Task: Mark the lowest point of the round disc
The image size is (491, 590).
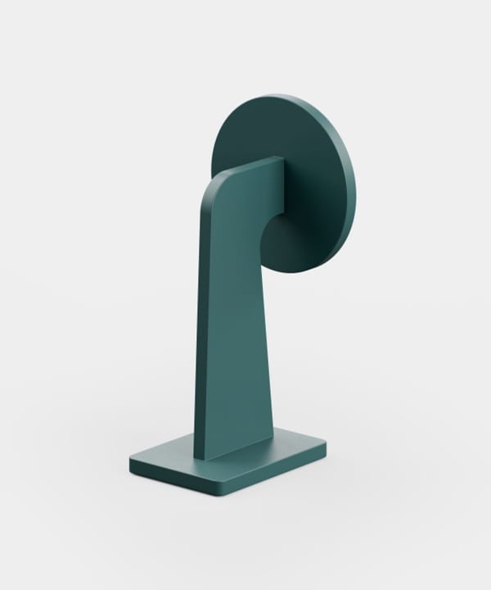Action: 286,272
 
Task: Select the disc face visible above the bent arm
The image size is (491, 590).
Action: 262,131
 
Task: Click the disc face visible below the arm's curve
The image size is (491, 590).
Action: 282,246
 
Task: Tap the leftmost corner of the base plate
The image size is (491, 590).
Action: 129,461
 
